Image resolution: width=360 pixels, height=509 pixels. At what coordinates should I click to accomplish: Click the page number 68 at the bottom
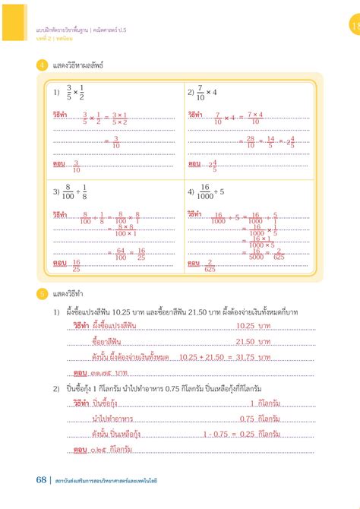40,479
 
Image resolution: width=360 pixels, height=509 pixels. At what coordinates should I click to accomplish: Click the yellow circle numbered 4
42,65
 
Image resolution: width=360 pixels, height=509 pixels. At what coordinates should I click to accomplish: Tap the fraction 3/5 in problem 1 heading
69,92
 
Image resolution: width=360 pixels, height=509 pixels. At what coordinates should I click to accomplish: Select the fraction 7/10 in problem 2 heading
202,92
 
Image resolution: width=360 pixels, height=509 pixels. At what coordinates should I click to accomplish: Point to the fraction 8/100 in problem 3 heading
70,192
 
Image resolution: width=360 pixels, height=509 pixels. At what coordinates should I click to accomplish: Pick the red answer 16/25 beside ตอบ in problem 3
76,264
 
